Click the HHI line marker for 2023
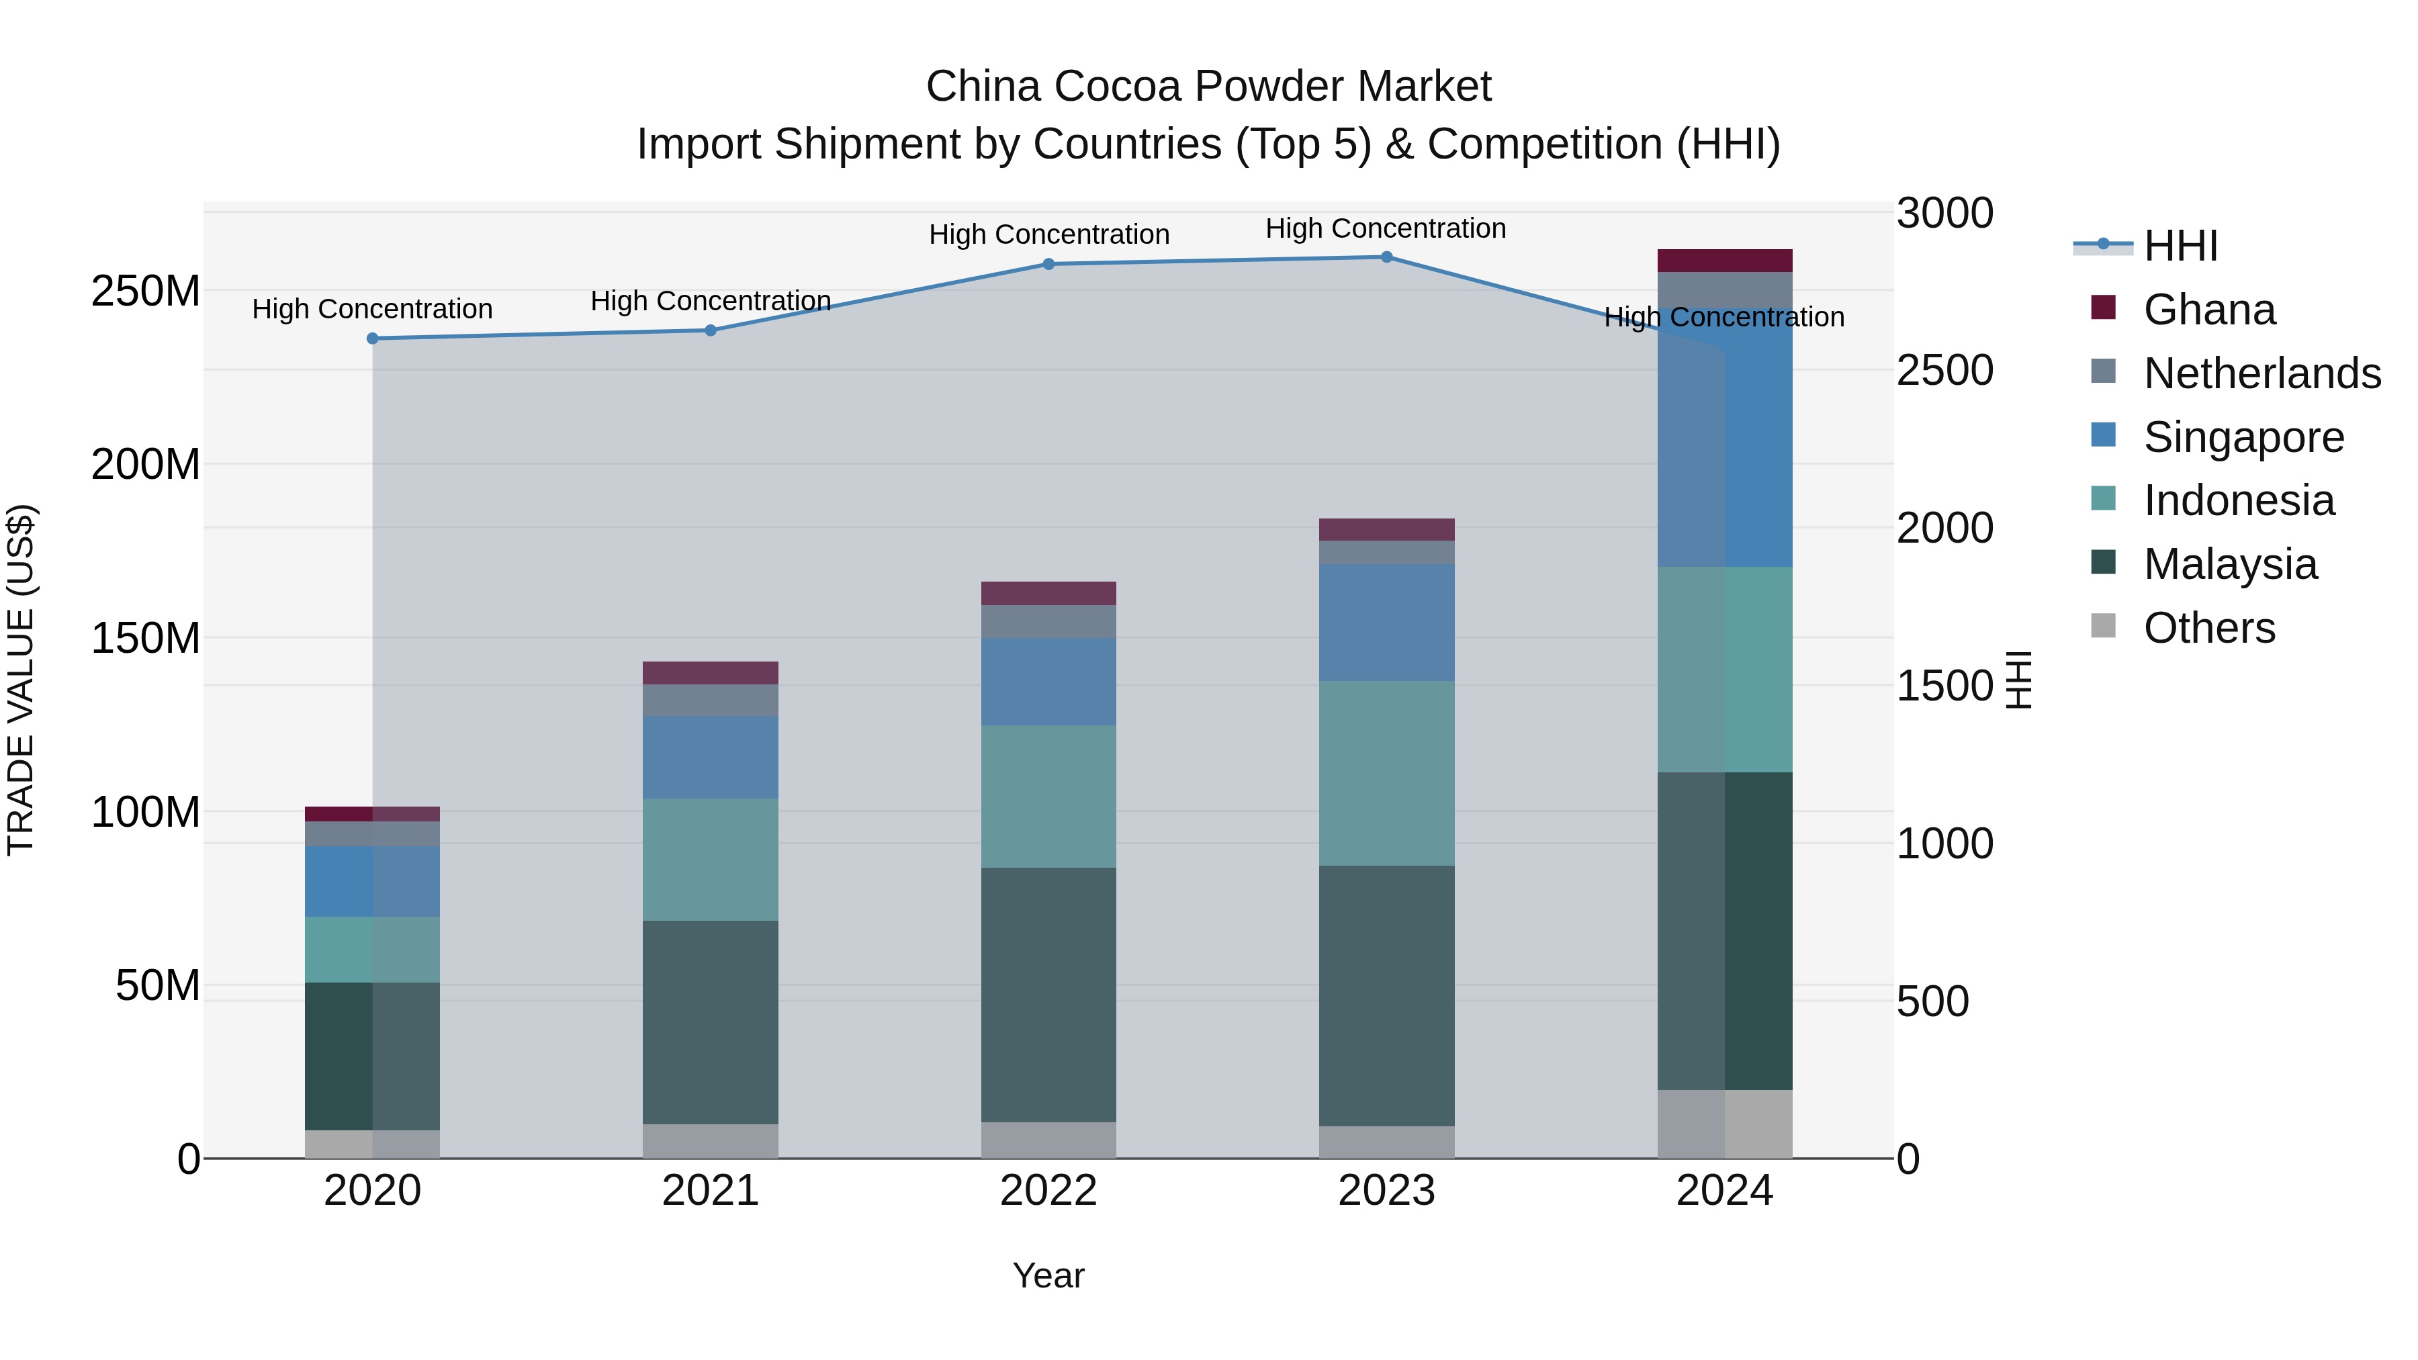[1386, 257]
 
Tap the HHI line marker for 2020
[373, 339]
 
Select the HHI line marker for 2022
[1048, 265]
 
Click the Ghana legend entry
[2208, 310]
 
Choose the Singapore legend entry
[2243, 437]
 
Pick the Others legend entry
[2208, 628]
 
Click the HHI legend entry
[2180, 246]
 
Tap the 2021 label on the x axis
[711, 1191]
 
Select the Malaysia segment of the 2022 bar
[1048, 995]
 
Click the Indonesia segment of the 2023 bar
[1386, 774]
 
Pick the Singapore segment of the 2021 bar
[711, 758]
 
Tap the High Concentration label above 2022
[1048, 234]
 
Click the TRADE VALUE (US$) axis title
[21, 680]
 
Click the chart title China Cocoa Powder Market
[1208, 87]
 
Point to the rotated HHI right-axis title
[2018, 680]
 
